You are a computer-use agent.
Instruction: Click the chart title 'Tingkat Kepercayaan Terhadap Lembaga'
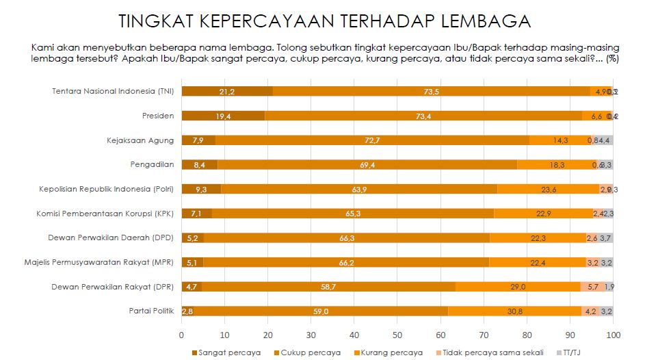324,21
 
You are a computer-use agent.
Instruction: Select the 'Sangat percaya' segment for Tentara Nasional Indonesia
226,91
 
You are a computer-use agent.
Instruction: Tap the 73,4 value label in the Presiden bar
424,116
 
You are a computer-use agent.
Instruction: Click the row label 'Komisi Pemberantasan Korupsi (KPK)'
105,214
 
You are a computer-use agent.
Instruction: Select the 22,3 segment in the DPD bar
538,238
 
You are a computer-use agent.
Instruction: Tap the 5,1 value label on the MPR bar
192,262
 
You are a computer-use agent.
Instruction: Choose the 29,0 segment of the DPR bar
518,287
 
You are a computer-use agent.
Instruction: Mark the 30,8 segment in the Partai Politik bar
514,311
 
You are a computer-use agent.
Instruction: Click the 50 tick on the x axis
397,335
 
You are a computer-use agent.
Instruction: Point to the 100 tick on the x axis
614,335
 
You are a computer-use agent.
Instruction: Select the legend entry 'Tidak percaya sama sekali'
489,352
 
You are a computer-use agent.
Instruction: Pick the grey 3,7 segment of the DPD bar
605,238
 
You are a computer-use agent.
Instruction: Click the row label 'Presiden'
158,116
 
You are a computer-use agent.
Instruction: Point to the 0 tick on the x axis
181,335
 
